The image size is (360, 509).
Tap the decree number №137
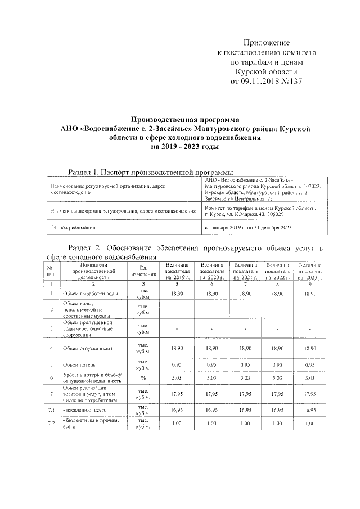coord(291,81)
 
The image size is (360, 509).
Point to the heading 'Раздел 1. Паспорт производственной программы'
coord(150,171)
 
